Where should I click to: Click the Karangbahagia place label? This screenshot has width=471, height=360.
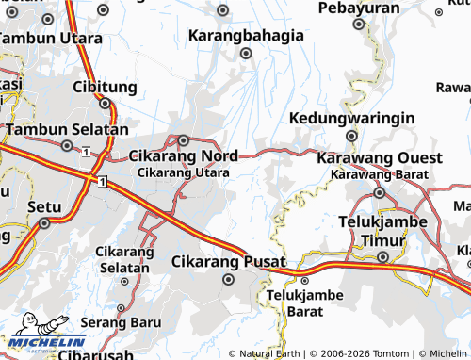(x=247, y=36)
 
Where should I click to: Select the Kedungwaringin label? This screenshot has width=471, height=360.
(x=353, y=119)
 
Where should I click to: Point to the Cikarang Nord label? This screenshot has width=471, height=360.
(x=183, y=155)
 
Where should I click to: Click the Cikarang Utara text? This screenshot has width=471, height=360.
(x=182, y=172)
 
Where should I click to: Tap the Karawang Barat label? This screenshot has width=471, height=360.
(x=380, y=174)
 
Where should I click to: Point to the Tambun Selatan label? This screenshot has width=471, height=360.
(x=67, y=129)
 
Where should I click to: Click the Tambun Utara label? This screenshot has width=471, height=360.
(x=53, y=39)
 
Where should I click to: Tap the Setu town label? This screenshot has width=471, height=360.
(x=44, y=205)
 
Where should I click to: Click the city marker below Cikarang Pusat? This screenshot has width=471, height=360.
(x=227, y=279)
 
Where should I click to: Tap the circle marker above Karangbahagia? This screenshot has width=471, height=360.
(x=223, y=11)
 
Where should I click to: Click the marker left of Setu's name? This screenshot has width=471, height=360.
(x=43, y=223)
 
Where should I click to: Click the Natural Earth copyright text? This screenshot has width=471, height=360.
(x=268, y=353)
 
